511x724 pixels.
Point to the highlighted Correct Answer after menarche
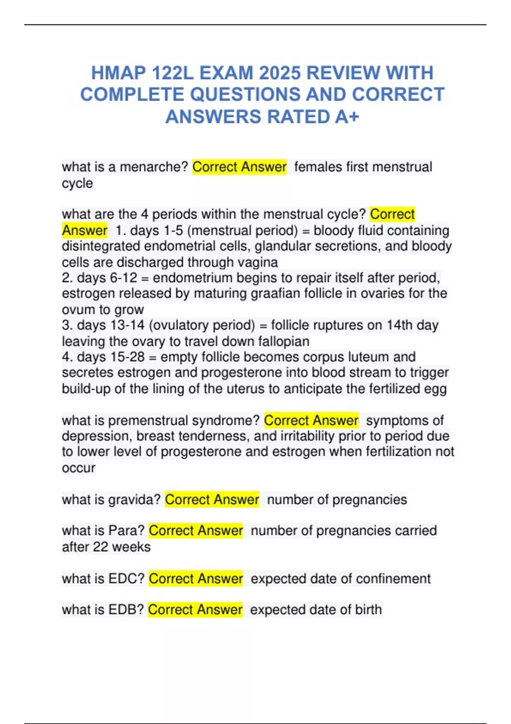[239, 167]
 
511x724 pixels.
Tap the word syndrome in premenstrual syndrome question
[226, 420]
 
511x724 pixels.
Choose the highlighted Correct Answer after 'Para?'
[196, 531]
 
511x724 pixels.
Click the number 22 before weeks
[100, 547]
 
